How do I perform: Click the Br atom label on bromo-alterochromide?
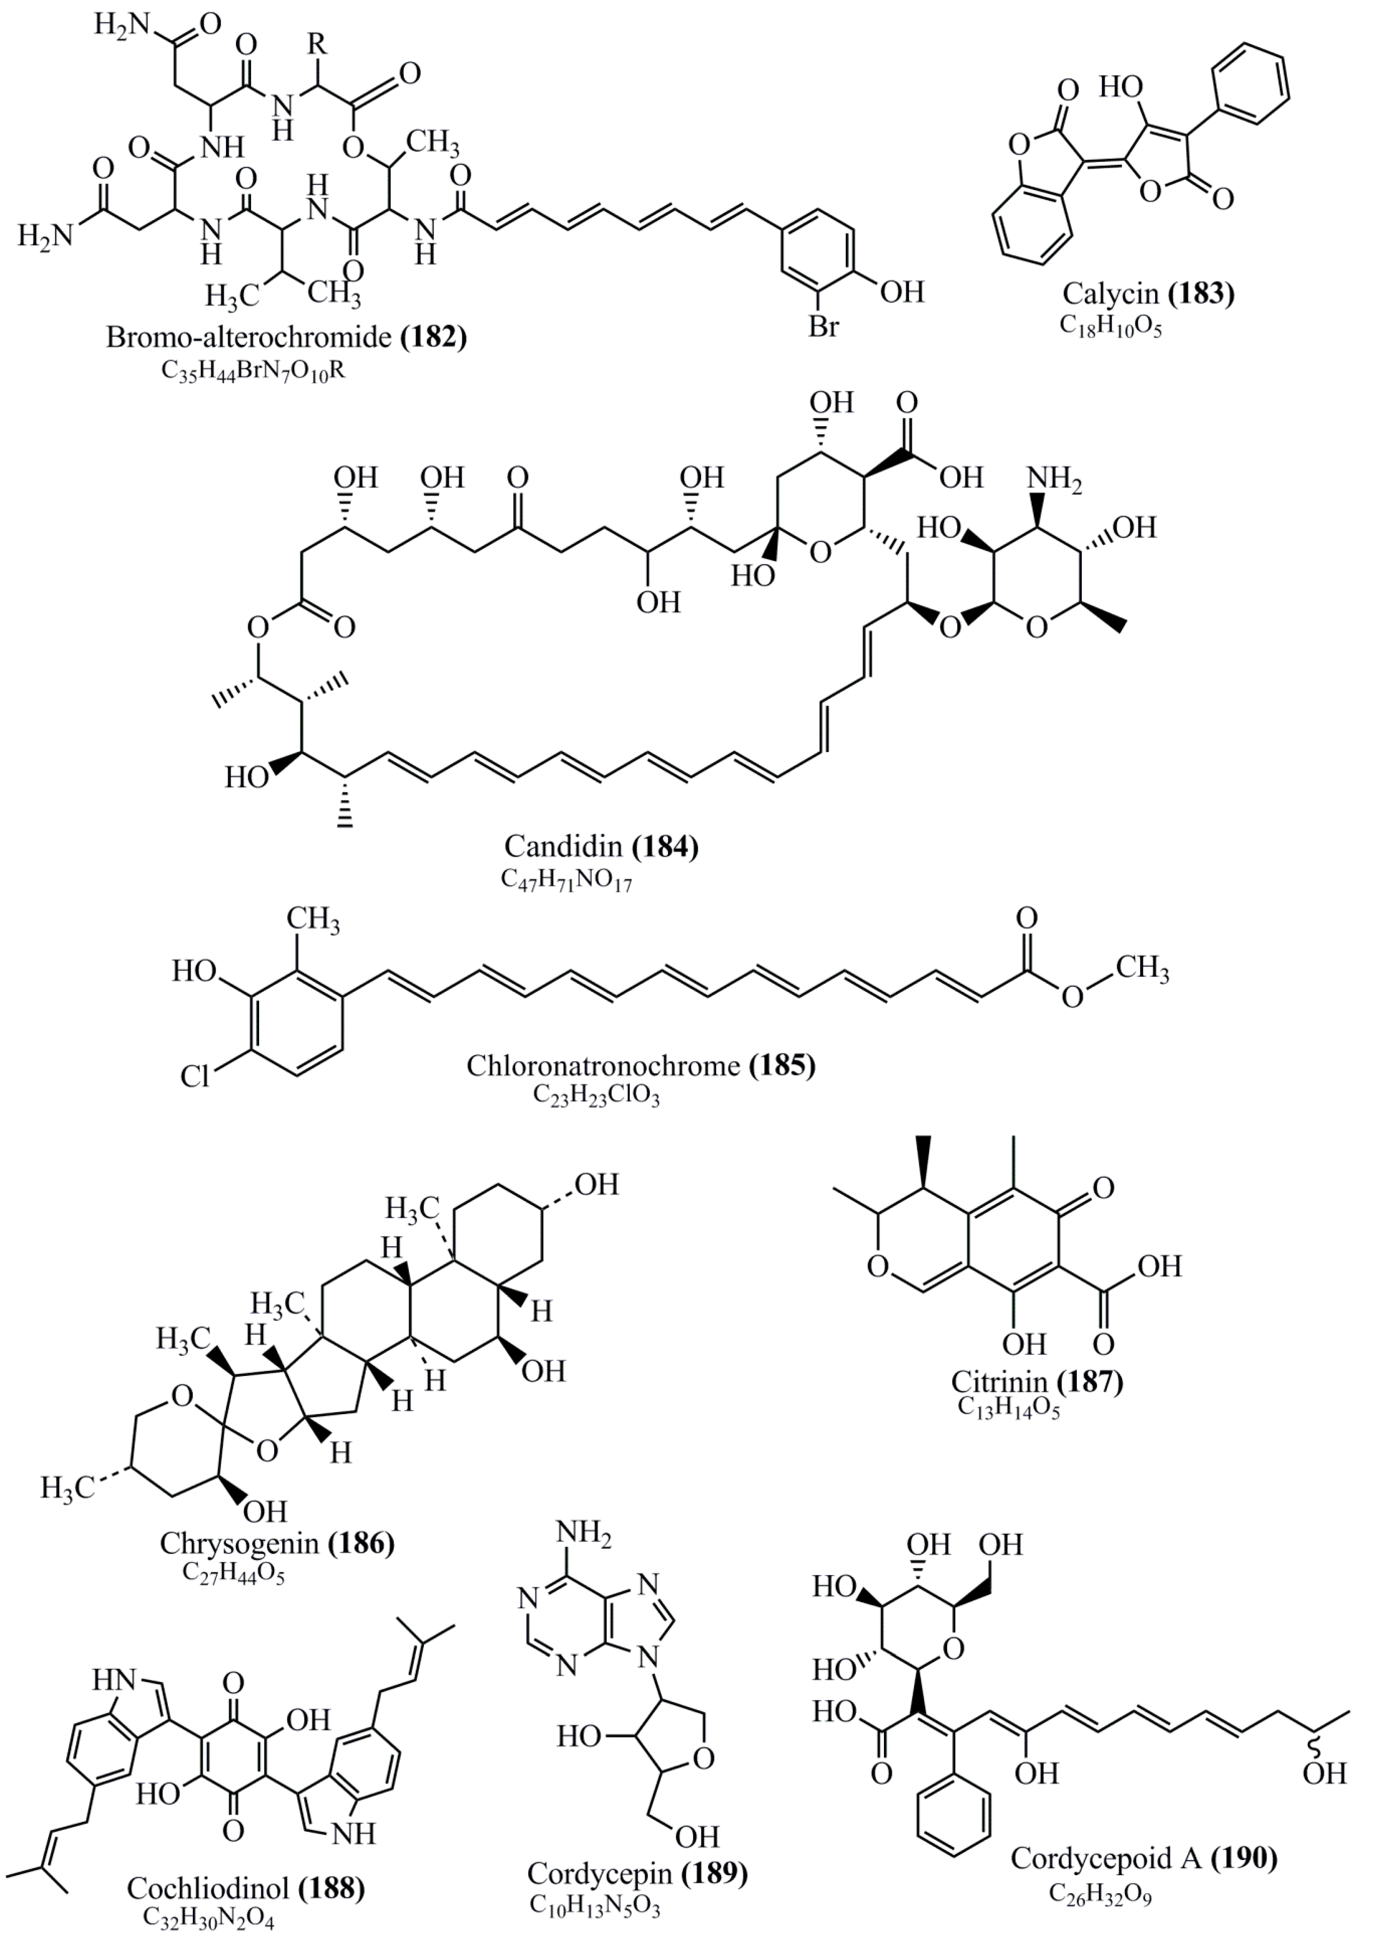[x=822, y=325]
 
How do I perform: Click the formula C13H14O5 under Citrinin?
[x=1009, y=1408]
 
